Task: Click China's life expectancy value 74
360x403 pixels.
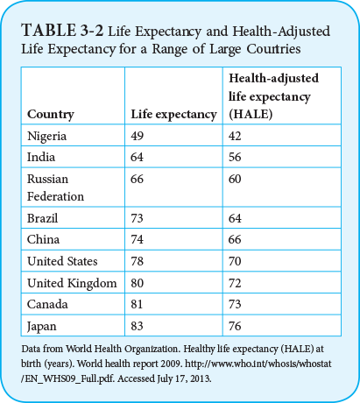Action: click(x=138, y=239)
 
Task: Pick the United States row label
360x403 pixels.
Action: click(x=62, y=261)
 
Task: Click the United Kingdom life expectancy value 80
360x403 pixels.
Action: click(x=138, y=282)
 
